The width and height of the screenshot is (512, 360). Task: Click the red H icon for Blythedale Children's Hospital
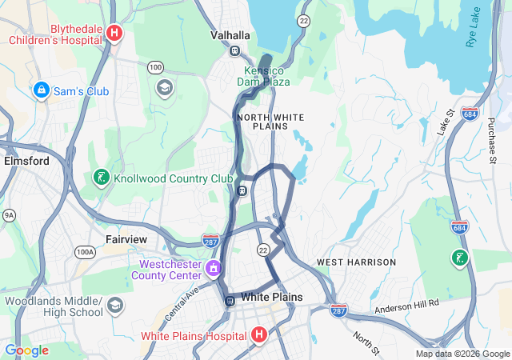[x=114, y=33]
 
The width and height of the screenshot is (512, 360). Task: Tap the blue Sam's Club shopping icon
[x=41, y=91]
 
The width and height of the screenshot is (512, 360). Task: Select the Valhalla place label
[x=230, y=36]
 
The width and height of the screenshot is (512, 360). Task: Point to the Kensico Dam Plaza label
[x=267, y=76]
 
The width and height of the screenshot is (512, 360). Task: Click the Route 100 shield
[x=155, y=67]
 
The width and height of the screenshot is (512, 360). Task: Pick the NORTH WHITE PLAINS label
[x=270, y=122]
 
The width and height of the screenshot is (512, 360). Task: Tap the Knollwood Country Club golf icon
[x=102, y=177]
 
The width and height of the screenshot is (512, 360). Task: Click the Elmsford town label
[x=26, y=161]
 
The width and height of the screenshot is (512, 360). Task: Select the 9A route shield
[x=9, y=214]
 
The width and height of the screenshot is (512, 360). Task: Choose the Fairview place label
[x=126, y=239]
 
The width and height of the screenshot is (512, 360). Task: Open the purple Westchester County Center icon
[x=213, y=267]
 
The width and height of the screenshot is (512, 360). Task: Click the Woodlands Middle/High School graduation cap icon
[x=115, y=306]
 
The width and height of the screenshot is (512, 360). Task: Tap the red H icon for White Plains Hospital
[x=259, y=334]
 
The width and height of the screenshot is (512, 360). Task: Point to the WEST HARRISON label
[x=356, y=262]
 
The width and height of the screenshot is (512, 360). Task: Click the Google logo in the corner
[x=26, y=350]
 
